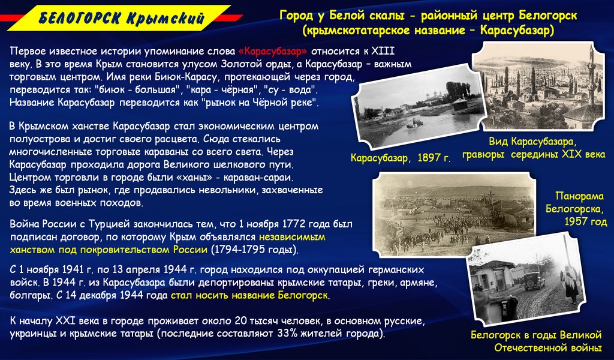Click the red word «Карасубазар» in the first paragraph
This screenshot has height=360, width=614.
(273, 52)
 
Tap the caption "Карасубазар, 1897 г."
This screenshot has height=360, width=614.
(401, 158)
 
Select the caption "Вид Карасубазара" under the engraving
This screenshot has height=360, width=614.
(532, 142)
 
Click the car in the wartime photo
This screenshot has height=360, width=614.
(534, 280)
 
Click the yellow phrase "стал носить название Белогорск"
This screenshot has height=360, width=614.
(249, 295)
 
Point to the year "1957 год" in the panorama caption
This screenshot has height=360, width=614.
(585, 222)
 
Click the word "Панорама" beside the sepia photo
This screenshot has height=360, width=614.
(580, 196)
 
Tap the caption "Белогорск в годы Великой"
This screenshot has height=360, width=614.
(536, 335)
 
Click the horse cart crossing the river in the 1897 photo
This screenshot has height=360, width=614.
(415, 124)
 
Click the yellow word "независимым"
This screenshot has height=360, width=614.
(292, 237)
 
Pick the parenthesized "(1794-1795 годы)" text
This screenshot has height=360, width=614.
(254, 250)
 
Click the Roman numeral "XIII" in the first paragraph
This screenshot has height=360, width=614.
(383, 52)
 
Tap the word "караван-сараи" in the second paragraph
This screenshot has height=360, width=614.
(258, 177)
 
